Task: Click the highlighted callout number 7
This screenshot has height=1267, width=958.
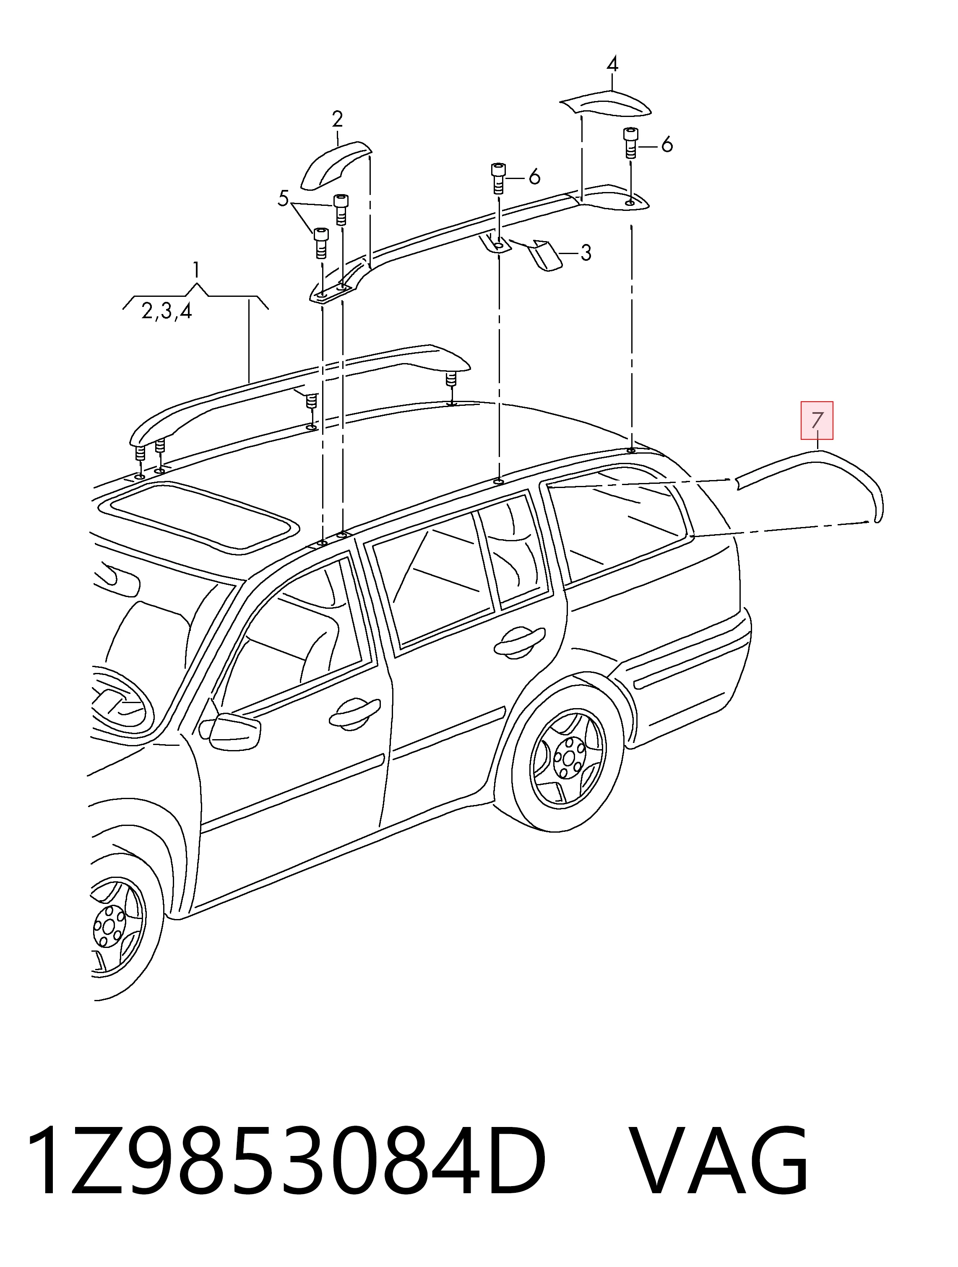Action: (817, 421)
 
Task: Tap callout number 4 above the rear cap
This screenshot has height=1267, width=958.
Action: (612, 64)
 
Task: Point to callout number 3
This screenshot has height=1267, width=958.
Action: (586, 252)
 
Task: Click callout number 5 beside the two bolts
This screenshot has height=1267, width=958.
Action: (283, 199)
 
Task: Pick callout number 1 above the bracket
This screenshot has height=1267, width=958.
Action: (196, 269)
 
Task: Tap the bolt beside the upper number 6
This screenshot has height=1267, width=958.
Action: (630, 144)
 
